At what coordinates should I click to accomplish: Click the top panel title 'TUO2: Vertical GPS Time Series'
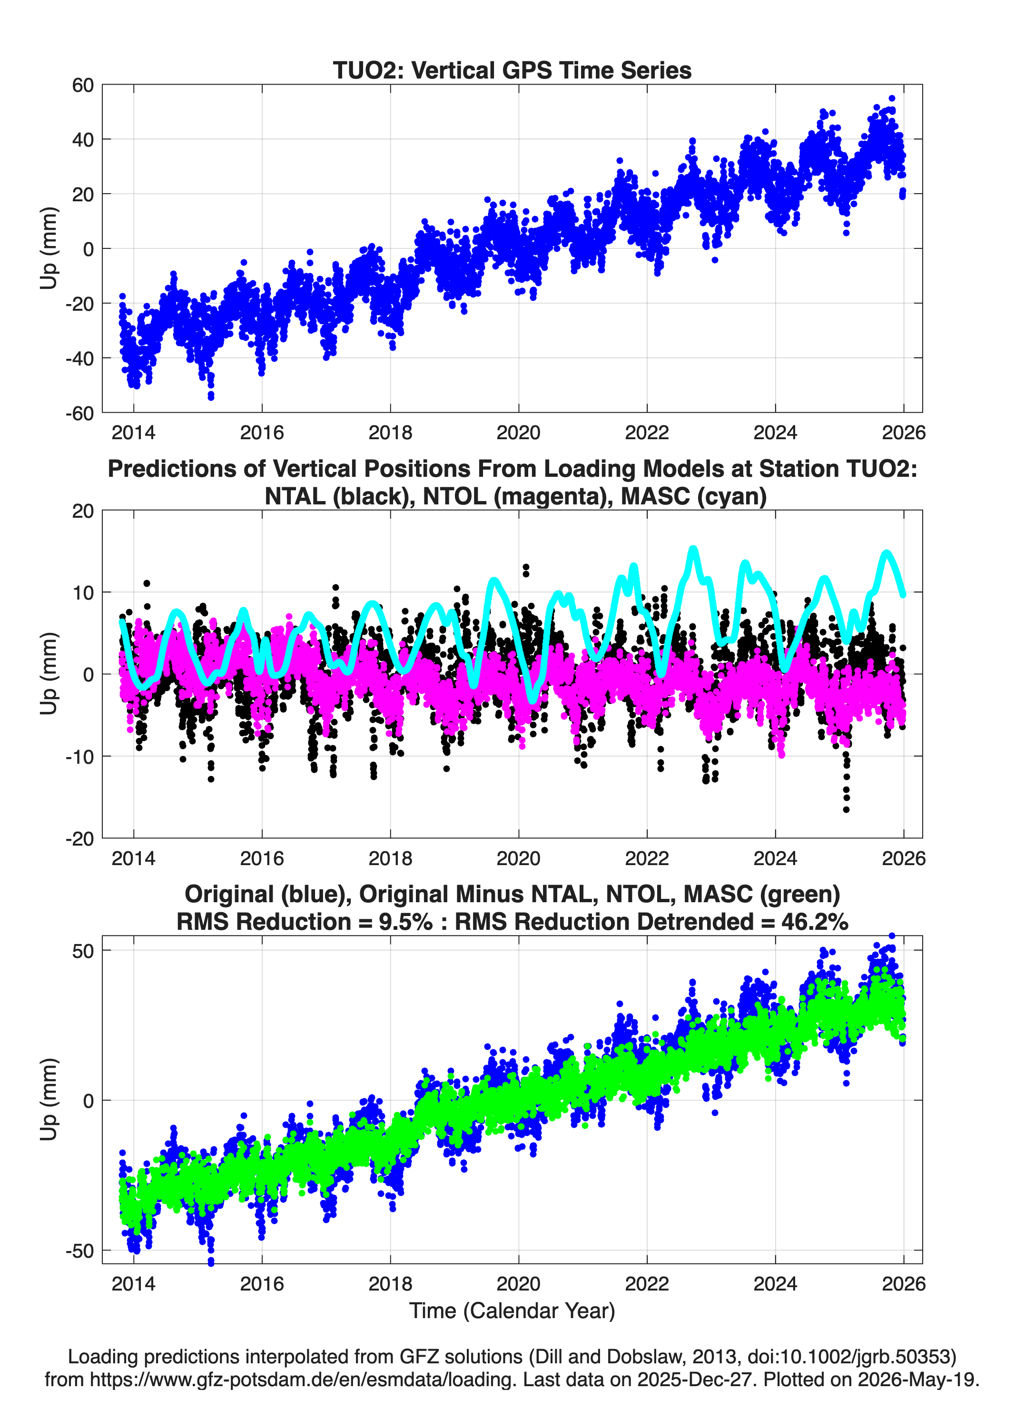coord(512,70)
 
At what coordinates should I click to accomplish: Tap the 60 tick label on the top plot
coord(83,85)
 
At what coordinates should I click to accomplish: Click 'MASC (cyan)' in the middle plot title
coord(694,496)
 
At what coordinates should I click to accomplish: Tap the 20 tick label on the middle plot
coord(83,511)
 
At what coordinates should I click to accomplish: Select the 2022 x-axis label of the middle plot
coord(647,858)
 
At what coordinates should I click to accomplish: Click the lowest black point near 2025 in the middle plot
coord(846,809)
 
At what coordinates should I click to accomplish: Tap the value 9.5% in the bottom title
coord(405,922)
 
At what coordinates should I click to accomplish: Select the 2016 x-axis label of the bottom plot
coord(262,1283)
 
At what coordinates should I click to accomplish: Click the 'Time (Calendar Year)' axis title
coord(512,1311)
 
